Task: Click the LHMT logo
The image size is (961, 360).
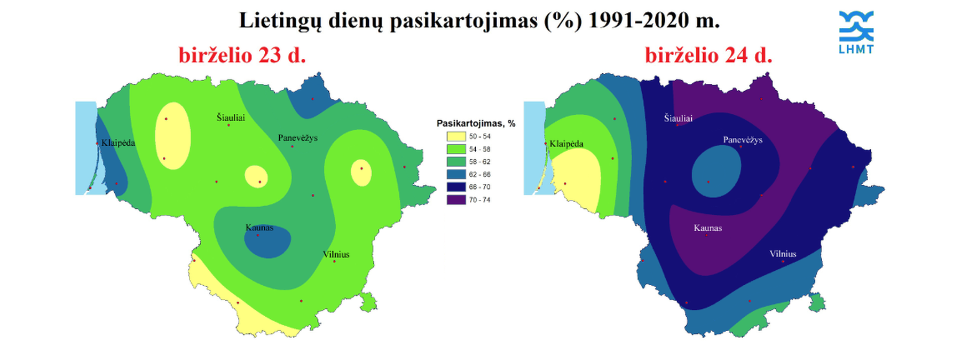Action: [x=856, y=32]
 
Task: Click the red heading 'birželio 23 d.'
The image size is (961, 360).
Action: [x=242, y=55]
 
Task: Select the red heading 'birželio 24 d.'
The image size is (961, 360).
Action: [x=708, y=55]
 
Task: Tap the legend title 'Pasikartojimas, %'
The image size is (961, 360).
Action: [x=476, y=123]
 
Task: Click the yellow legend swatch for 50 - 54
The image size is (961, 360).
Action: [x=456, y=137]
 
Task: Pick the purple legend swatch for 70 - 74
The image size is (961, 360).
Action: [x=456, y=200]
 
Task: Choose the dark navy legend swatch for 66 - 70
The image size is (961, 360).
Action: [x=456, y=187]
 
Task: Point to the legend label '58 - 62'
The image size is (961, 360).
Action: [x=479, y=162]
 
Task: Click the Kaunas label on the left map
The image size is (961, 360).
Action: [x=259, y=228]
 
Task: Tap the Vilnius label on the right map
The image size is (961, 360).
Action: [x=783, y=254]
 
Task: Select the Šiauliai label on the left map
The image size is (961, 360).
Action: [x=231, y=117]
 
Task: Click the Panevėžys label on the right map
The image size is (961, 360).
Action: [x=743, y=140]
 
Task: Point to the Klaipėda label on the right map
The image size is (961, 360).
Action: [x=566, y=144]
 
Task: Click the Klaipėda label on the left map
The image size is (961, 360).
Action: [x=118, y=143]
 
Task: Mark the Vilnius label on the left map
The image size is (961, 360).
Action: [x=336, y=254]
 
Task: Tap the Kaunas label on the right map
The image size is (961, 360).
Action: [x=708, y=228]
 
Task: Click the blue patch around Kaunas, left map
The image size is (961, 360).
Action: [x=268, y=242]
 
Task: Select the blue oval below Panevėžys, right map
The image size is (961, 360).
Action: [x=716, y=171]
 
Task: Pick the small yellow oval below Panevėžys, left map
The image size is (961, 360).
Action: [x=256, y=176]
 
